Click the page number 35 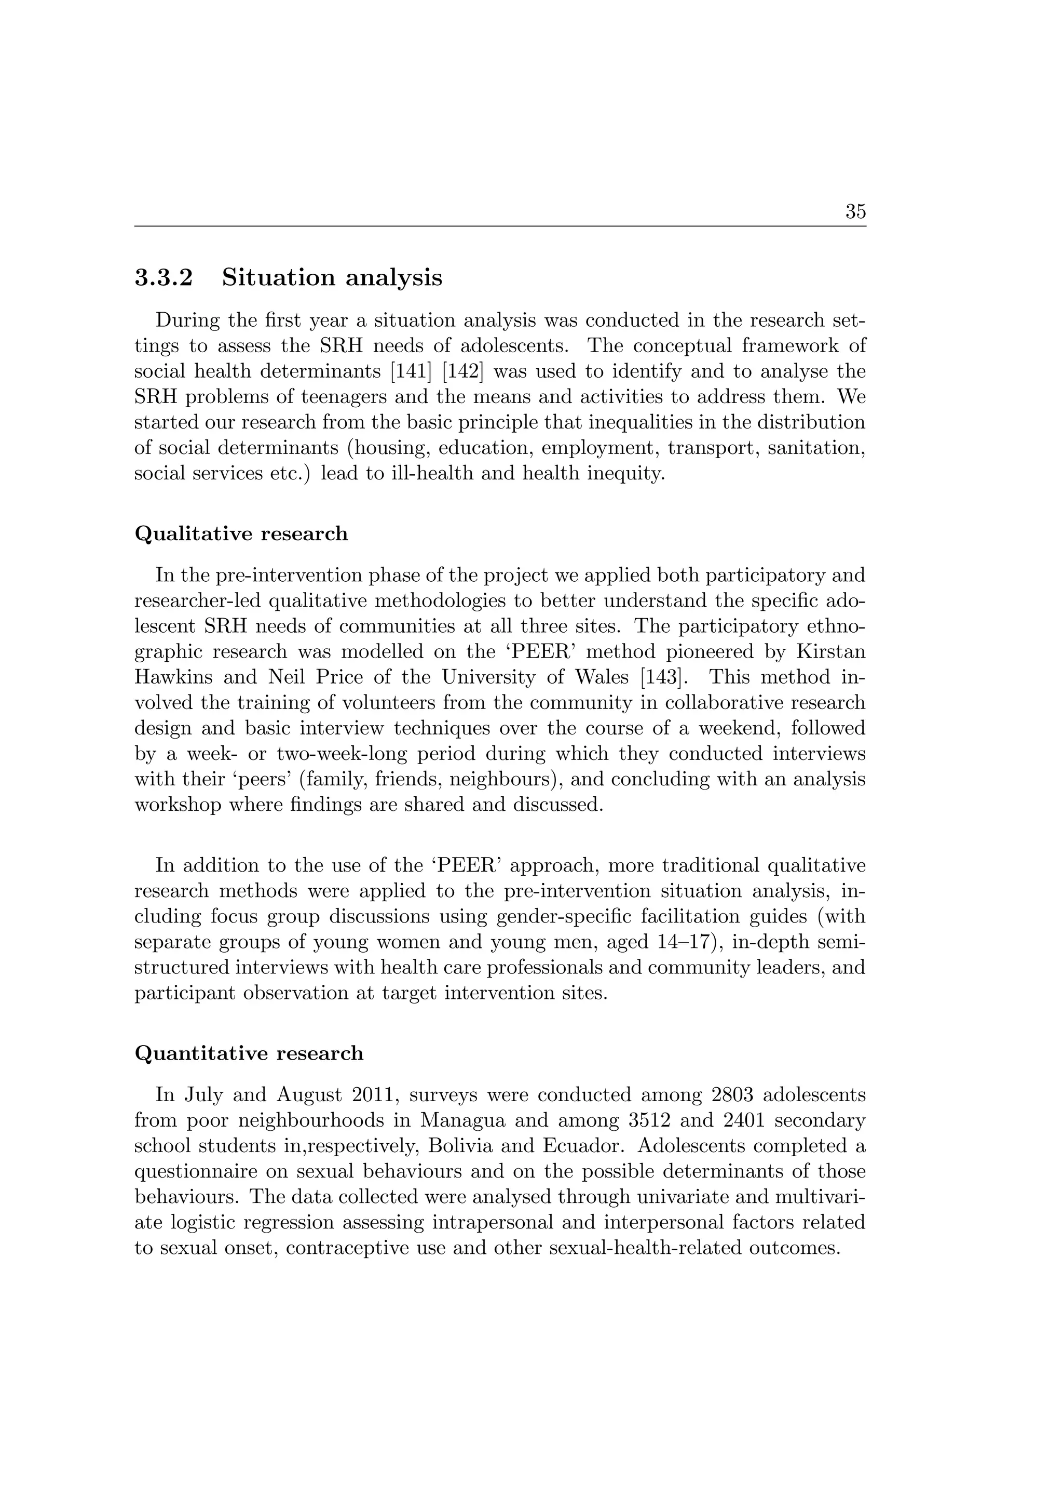click(855, 212)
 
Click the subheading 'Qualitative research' click(241, 534)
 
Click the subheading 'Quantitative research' click(249, 1053)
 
